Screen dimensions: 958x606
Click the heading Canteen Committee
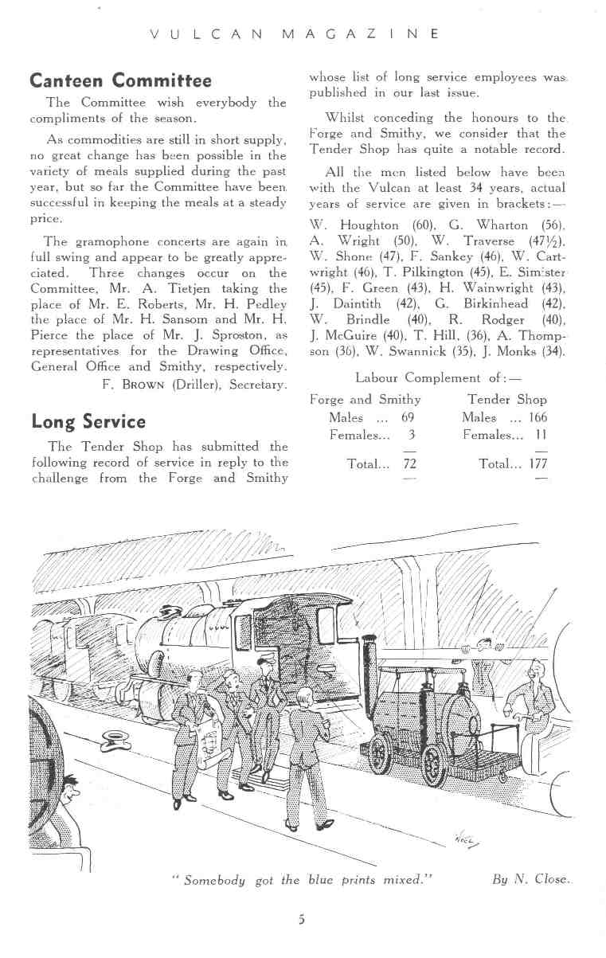click(x=120, y=80)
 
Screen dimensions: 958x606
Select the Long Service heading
click(x=88, y=421)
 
